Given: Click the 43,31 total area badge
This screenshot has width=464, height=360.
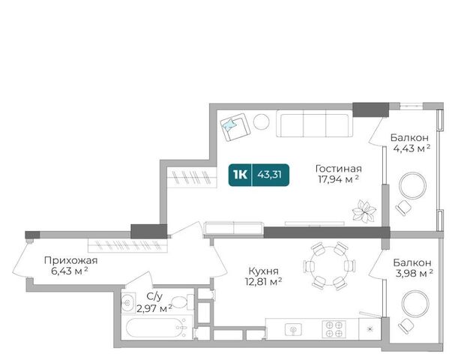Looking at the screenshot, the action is click(269, 175).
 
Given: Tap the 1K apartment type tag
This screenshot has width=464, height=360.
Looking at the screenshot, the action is click(240, 175).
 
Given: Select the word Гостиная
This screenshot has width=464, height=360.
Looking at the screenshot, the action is click(339, 169).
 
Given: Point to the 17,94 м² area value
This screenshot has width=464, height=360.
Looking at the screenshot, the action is click(339, 179).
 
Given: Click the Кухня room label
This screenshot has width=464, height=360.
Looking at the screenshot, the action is click(263, 271).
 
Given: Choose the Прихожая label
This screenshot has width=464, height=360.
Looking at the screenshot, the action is click(70, 261).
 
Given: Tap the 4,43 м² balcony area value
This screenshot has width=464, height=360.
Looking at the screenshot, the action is click(412, 148).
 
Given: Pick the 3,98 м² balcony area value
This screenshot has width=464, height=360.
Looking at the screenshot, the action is click(414, 273).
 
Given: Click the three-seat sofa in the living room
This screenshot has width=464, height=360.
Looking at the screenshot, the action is click(314, 124).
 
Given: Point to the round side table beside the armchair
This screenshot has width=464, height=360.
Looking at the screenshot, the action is click(262, 121).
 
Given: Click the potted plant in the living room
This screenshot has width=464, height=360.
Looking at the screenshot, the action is click(364, 211).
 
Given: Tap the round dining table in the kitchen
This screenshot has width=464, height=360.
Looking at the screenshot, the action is click(329, 265).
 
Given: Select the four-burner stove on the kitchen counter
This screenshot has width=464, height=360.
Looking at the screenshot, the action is click(334, 329).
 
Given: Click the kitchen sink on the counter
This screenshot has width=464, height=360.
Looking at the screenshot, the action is click(293, 329).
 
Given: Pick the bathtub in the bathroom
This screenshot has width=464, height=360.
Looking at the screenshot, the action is click(157, 328).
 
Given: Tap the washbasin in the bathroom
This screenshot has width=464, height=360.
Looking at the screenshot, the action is click(128, 302).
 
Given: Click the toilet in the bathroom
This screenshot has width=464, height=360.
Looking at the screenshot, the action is click(182, 302).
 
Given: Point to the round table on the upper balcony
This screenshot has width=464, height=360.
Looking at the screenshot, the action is click(412, 186).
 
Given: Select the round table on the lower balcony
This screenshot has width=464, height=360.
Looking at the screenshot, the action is click(415, 304).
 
